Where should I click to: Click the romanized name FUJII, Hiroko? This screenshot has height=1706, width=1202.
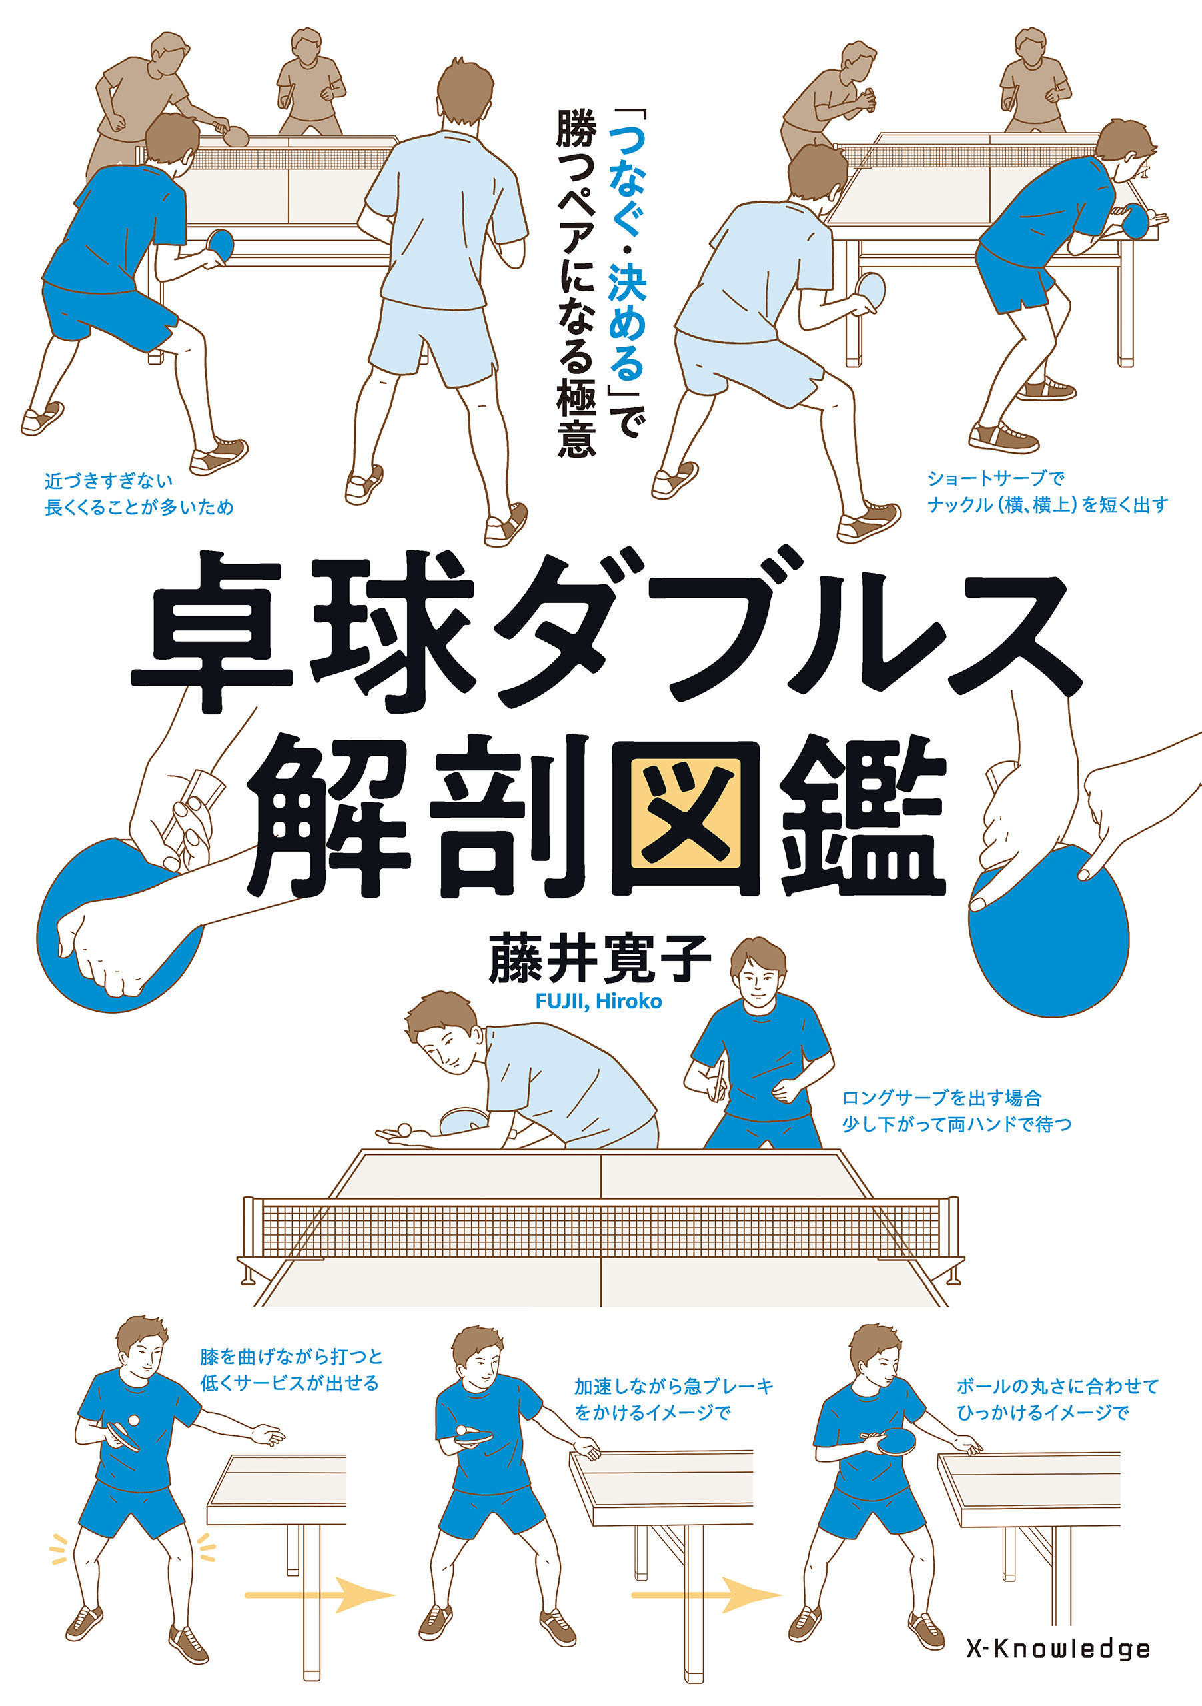[x=598, y=1001]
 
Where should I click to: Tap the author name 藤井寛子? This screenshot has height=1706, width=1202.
[x=599, y=958]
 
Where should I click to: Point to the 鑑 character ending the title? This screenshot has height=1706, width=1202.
[x=862, y=816]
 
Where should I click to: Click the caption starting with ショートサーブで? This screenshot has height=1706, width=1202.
[x=1047, y=492]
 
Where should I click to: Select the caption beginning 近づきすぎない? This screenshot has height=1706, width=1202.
[x=139, y=494]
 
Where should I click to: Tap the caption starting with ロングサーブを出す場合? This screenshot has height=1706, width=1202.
[x=956, y=1111]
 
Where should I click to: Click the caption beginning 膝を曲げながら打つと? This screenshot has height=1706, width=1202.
[x=291, y=1370]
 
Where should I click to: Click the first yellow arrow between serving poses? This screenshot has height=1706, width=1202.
[x=319, y=1595]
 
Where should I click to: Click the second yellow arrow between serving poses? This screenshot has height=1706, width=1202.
[x=706, y=1595]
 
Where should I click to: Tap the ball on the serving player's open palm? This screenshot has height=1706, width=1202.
[x=404, y=1130]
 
